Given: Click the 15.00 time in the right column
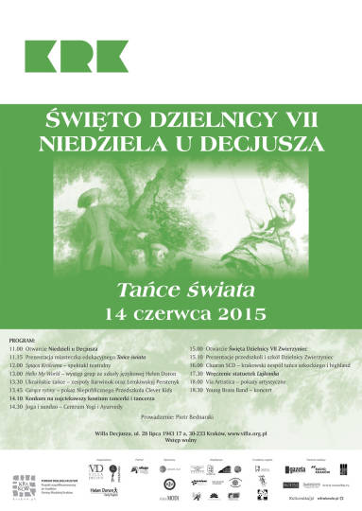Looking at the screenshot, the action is click(x=198, y=349).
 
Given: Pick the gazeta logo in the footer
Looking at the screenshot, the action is click(x=296, y=470).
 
